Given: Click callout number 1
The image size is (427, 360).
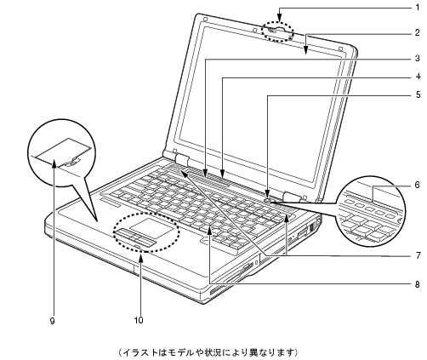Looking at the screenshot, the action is click(417, 8).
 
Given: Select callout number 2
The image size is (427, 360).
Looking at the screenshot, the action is click(417, 33).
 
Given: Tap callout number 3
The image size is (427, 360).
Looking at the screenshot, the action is click(417, 59).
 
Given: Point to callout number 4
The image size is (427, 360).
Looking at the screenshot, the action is click(418, 77).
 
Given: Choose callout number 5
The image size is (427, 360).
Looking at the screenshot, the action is click(418, 94).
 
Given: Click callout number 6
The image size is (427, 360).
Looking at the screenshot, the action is click(417, 186).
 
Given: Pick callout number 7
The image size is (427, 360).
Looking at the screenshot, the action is click(418, 255).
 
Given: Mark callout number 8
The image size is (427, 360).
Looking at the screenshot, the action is click(417, 284).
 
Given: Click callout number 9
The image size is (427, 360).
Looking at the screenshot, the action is click(52, 321).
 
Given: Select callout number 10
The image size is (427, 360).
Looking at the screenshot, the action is click(139, 321).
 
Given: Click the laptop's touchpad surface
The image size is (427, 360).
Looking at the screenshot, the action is click(152, 228).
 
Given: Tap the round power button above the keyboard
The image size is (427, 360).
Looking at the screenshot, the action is click(268, 200).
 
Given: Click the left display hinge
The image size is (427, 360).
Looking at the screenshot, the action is click(182, 161).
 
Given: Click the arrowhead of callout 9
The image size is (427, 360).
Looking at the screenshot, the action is click(54, 163).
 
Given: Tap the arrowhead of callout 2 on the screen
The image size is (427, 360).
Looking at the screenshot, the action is click(305, 50).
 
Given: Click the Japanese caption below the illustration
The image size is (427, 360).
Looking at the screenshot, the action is click(208, 352).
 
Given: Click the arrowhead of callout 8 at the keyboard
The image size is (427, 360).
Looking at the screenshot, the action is click(209, 231).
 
